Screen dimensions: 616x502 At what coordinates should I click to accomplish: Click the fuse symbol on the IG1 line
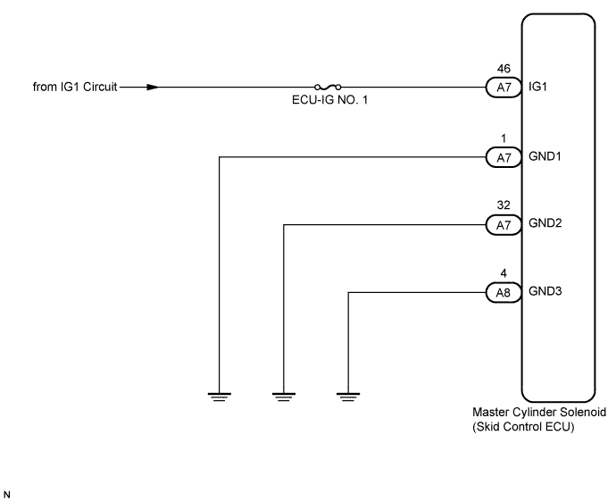328,87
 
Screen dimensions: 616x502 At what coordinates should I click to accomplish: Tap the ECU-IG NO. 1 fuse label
329,100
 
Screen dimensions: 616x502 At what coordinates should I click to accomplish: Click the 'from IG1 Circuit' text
75,87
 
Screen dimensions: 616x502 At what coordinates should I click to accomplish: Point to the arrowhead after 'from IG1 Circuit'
153,87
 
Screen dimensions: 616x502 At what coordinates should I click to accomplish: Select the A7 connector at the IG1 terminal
504,88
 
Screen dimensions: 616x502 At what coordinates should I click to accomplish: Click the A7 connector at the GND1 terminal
504,157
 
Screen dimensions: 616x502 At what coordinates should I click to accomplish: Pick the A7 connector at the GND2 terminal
504,225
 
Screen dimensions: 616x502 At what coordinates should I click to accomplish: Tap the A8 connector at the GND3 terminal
504,293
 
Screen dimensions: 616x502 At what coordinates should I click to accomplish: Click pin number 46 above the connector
504,69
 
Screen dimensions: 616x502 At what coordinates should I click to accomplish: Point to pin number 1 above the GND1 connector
504,138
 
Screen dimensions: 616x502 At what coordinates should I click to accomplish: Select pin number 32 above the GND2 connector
504,205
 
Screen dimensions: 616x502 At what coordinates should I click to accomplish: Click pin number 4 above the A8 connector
504,273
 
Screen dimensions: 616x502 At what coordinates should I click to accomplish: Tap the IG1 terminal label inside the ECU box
537,87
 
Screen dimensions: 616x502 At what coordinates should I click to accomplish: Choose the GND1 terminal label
545,156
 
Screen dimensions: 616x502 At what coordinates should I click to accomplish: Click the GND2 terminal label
545,223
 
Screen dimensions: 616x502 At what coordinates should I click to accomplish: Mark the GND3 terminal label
545,291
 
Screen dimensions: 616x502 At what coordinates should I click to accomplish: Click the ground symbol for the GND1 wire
220,397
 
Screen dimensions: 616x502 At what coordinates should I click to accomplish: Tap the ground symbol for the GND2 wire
284,397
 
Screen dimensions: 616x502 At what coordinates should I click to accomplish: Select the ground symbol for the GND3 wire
348,397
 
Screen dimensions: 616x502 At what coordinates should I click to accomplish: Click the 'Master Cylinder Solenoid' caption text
539,413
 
